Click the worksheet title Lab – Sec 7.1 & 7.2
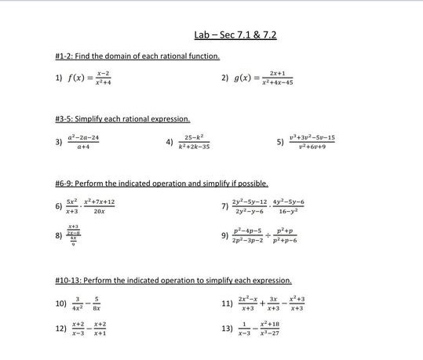point(235,36)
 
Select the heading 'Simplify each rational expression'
point(123,119)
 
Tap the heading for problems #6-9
point(162,184)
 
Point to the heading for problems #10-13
point(173,280)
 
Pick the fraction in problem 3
point(83,142)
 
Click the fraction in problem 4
point(194,142)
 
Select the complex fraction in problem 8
point(71,235)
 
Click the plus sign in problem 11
point(263,303)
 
